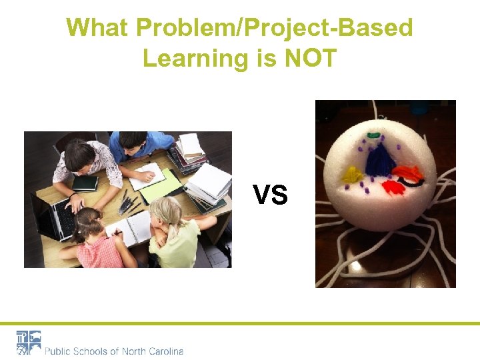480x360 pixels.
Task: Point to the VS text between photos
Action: click(x=270, y=195)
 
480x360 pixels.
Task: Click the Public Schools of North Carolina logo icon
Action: click(x=29, y=343)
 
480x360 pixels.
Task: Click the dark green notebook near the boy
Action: click(x=85, y=183)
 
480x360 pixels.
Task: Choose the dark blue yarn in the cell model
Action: click(x=381, y=160)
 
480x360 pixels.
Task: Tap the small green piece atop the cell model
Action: click(x=374, y=135)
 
